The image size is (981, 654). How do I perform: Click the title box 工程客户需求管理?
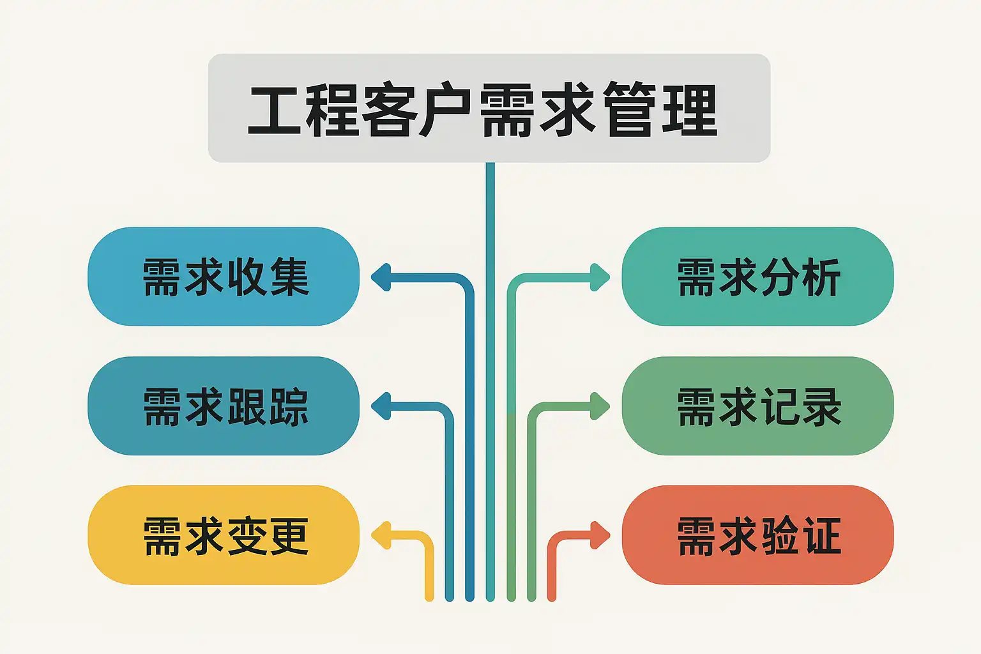click(489, 108)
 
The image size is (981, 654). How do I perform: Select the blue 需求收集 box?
click(224, 277)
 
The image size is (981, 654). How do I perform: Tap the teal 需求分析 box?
click(757, 277)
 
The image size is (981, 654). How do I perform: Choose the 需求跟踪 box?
click(224, 406)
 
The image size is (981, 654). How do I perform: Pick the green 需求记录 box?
click(757, 406)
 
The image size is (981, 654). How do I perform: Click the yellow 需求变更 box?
click(224, 535)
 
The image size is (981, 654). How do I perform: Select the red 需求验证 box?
click(757, 535)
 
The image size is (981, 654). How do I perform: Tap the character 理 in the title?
click(690, 110)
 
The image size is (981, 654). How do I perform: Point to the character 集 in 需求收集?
click(290, 277)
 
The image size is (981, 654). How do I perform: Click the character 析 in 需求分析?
click(821, 277)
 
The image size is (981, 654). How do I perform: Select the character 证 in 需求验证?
click(822, 536)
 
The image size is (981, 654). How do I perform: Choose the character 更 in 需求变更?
click(290, 536)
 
